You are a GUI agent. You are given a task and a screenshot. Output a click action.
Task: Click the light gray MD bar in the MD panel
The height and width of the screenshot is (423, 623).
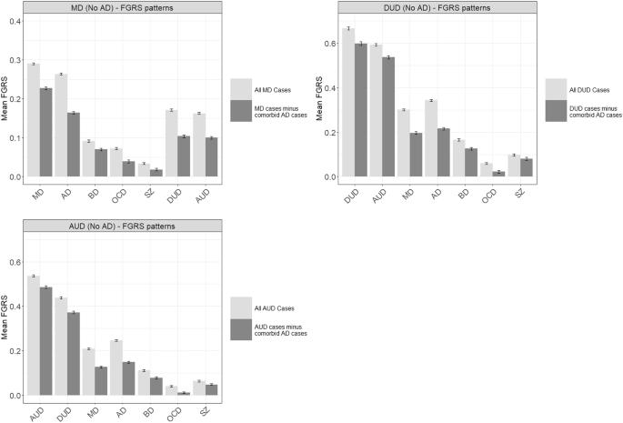[34, 120]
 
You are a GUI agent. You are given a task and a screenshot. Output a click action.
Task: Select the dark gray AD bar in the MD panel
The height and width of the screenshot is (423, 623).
[74, 145]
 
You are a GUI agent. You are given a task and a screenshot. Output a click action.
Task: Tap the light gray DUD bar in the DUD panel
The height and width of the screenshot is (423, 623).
[348, 103]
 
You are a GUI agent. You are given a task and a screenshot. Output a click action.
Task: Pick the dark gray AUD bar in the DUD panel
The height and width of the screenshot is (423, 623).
[388, 116]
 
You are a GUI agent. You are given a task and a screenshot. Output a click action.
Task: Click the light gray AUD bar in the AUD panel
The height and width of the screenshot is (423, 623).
[34, 336]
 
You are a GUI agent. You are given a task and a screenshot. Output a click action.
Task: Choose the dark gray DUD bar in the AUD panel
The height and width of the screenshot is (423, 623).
[74, 354]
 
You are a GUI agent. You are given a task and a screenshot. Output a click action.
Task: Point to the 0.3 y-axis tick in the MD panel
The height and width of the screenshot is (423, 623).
[15, 60]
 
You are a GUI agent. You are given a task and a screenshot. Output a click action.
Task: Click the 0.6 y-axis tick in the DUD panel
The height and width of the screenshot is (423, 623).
[330, 44]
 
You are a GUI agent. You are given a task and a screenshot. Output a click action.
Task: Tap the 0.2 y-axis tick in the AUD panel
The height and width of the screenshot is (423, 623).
[15, 351]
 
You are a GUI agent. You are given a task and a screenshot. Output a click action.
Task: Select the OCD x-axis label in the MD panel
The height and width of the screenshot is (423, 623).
[119, 196]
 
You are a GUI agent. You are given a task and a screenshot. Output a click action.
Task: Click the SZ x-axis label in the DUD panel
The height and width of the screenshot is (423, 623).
[519, 193]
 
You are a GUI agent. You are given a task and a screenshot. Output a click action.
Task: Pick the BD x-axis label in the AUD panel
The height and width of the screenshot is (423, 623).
[148, 412]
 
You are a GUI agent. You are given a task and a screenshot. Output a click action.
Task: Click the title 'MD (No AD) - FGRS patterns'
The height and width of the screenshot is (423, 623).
[123, 7]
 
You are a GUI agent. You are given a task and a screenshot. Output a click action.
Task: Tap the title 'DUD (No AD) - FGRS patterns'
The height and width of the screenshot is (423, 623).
[437, 7]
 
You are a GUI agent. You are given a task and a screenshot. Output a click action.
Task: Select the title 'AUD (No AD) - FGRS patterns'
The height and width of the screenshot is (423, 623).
[123, 227]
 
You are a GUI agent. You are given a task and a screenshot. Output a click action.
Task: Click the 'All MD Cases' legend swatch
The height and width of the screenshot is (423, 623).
[241, 89]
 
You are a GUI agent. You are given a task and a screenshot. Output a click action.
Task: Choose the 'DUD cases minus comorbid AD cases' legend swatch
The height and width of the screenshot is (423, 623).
[556, 111]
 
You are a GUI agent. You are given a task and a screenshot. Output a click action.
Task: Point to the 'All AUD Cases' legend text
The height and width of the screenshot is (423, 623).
[274, 308]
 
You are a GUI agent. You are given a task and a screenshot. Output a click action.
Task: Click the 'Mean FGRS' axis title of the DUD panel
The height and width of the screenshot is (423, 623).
[319, 99]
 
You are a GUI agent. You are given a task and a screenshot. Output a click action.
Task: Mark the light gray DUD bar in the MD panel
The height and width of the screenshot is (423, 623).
[172, 143]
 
